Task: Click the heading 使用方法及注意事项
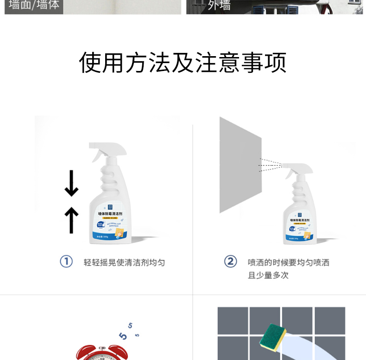(183, 63)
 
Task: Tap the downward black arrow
(71, 184)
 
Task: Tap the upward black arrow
(71, 220)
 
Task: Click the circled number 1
(66, 262)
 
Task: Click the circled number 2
(230, 262)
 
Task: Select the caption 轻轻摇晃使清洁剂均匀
(124, 263)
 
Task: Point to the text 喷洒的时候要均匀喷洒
(288, 263)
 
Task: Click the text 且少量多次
(268, 275)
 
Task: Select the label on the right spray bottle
(300, 228)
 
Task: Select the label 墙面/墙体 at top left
(34, 6)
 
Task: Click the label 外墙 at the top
(219, 6)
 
